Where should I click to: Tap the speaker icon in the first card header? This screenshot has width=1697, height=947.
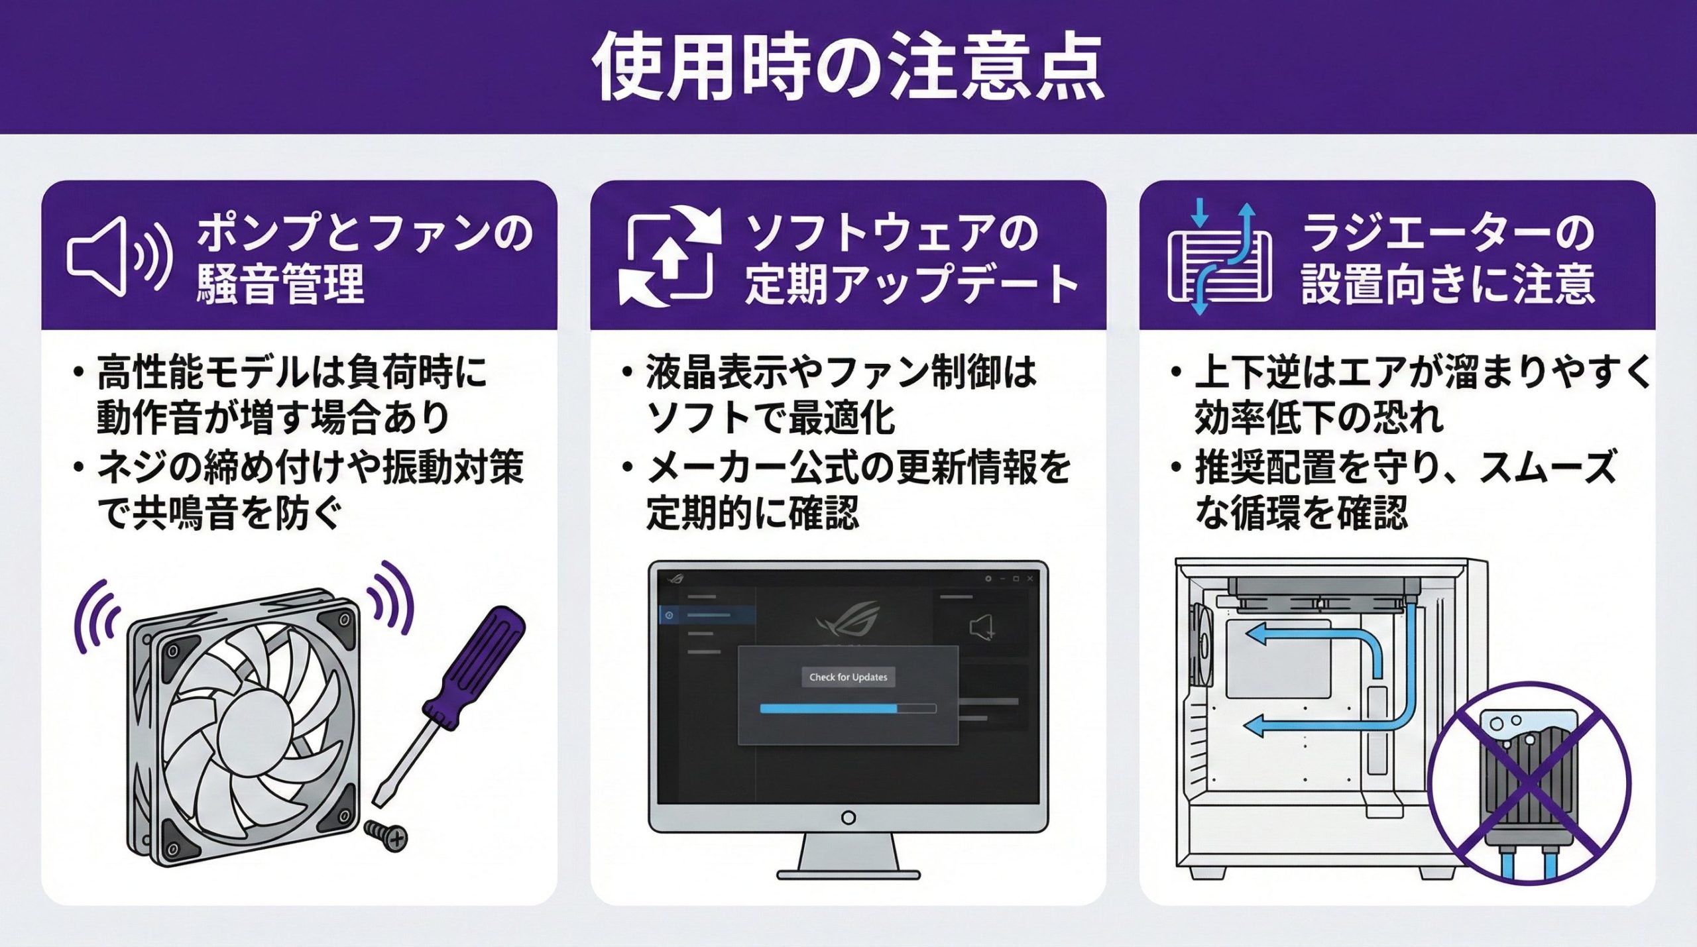click(x=119, y=256)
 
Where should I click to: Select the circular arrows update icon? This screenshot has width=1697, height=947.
click(x=670, y=256)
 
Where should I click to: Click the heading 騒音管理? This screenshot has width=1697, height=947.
click(x=280, y=284)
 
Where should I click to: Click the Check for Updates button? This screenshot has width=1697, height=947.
click(x=848, y=677)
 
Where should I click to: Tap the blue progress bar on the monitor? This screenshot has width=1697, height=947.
click(x=829, y=708)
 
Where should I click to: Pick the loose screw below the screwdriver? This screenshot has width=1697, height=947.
click(x=386, y=835)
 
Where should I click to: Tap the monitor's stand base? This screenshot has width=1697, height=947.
click(x=848, y=874)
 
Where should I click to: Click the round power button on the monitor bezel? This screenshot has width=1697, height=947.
click(x=848, y=818)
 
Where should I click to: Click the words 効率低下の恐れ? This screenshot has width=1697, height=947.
click(x=1318, y=418)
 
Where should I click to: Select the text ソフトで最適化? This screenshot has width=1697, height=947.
click(x=770, y=418)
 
